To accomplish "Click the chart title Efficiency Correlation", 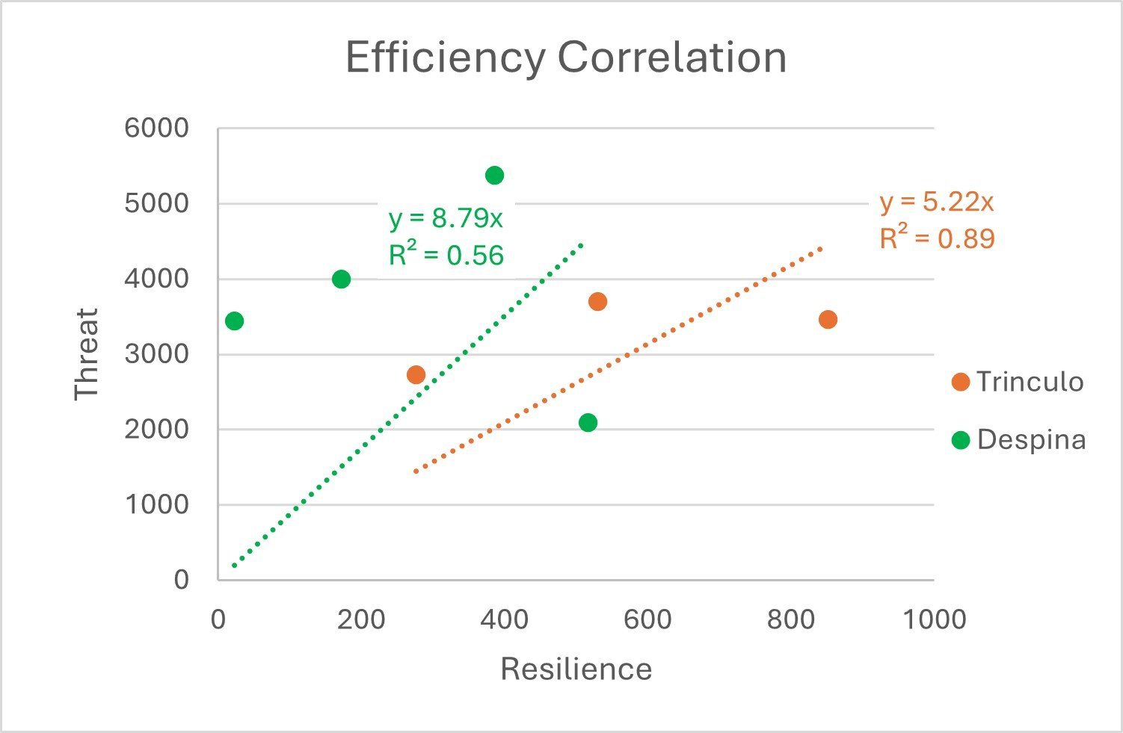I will pos(566,58).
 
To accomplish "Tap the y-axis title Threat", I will pos(87,354).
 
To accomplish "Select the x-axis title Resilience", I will pos(576,669).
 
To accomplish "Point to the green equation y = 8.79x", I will pos(446,219).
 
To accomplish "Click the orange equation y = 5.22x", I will pos(936,202).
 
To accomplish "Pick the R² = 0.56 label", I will pos(446,256).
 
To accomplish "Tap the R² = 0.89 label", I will pos(937,238).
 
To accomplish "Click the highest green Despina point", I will pos(494,176).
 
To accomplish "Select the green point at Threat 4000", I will pos(341,279).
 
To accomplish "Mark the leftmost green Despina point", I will pos(234,321).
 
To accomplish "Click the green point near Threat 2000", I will pos(588,423).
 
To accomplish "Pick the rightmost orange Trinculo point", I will pos(828,320).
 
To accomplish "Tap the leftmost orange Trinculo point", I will pos(416,375).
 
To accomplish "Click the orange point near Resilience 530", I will pos(597,302).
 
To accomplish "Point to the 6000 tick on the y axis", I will pos(157,129).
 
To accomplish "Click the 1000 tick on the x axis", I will pos(934,619).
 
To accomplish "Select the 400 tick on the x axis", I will pos(504,619).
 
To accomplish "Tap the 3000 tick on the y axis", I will pos(157,354).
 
